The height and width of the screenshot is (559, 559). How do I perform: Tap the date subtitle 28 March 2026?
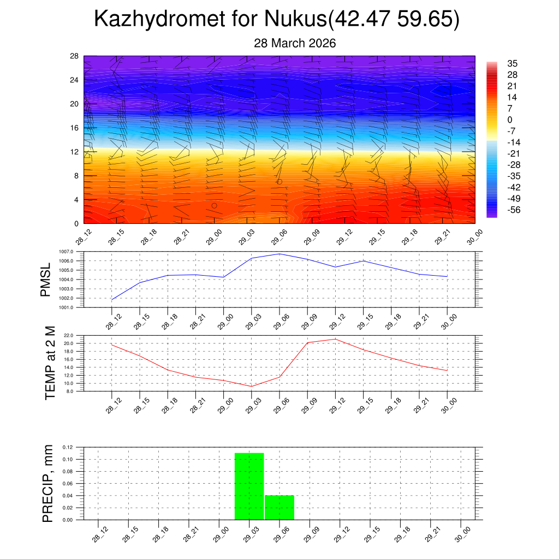tap(295, 43)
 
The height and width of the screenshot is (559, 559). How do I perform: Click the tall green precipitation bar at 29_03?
tap(249, 486)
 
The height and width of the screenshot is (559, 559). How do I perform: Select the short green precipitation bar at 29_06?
tap(279, 507)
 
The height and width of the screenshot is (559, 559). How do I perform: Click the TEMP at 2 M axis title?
tap(50, 362)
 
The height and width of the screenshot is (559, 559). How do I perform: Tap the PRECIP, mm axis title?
tap(48, 483)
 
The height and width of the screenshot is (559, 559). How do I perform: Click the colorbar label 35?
tap(512, 63)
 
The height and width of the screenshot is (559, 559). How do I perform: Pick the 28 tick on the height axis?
tap(75, 56)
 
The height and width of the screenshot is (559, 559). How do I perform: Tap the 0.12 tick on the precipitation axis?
tap(67, 447)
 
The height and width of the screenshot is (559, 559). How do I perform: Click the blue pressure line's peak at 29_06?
tap(279, 254)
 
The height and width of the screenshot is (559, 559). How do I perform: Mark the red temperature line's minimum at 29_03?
tap(252, 386)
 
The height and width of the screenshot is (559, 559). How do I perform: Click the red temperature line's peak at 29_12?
tap(335, 339)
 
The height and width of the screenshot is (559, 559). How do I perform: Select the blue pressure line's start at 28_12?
tap(112, 300)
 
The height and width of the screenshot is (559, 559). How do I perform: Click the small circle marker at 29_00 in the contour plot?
tap(215, 206)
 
